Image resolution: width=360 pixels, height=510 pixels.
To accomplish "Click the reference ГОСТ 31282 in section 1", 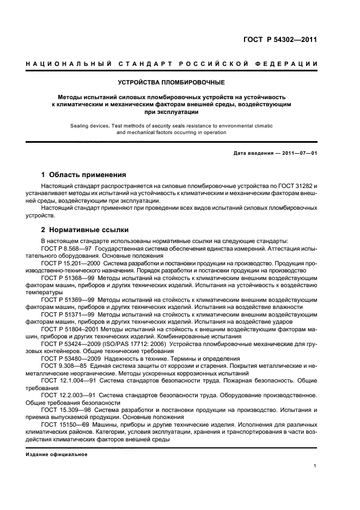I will coord(293,186).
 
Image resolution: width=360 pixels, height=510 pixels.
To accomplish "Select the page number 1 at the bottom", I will coord(315,466).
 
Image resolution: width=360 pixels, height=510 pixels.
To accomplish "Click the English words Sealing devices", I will coord(89,125).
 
